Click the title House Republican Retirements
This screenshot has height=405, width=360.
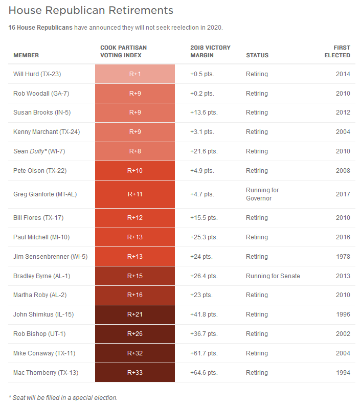(91, 10)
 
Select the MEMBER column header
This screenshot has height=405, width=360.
(26, 55)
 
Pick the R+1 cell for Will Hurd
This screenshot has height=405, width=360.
(135, 74)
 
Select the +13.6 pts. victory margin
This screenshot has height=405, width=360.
(204, 112)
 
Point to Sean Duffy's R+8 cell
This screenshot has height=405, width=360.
(135, 151)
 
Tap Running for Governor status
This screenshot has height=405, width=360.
(262, 194)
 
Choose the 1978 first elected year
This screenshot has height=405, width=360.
(343, 257)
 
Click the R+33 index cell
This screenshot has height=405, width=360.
(135, 373)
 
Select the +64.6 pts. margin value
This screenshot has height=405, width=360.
(204, 373)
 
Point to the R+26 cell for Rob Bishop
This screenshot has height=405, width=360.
(135, 334)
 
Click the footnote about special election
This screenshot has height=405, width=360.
(63, 397)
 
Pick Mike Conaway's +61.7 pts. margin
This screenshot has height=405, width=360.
(204, 353)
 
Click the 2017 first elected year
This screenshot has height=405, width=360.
(343, 194)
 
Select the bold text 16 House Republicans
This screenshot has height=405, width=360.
(40, 27)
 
